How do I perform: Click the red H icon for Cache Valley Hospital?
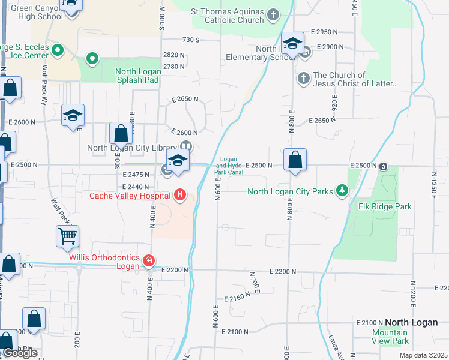click(x=179, y=195)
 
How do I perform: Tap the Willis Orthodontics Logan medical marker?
click(x=149, y=260)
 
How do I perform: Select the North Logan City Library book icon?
click(x=187, y=146)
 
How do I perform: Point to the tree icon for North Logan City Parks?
click(x=342, y=191)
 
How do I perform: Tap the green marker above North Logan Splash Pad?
click(x=92, y=59)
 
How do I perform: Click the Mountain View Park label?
click(x=390, y=337)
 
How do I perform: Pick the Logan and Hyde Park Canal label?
click(x=229, y=165)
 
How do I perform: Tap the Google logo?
click(x=20, y=353)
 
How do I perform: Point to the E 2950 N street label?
click(x=328, y=32)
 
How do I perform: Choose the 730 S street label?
click(x=191, y=40)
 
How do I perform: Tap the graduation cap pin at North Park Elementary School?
click(x=292, y=44)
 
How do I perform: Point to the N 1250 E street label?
click(x=433, y=187)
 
